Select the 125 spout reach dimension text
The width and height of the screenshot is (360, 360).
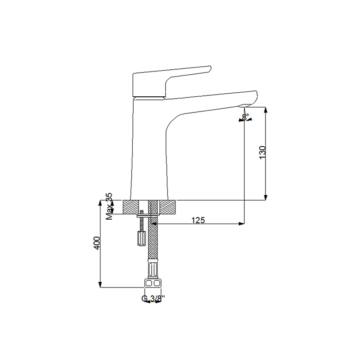[198, 220]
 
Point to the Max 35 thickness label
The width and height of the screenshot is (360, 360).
[108, 207]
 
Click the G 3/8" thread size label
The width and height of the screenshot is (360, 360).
[153, 298]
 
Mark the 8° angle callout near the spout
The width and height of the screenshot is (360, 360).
[245, 117]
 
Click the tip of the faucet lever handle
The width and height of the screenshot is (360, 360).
[208, 69]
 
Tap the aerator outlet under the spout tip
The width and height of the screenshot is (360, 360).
[247, 107]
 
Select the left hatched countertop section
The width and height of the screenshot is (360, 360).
[135, 207]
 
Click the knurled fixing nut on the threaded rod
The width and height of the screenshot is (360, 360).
[141, 237]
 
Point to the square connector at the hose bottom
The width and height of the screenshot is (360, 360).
[153, 284]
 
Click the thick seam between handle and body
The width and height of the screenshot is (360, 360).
[150, 96]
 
